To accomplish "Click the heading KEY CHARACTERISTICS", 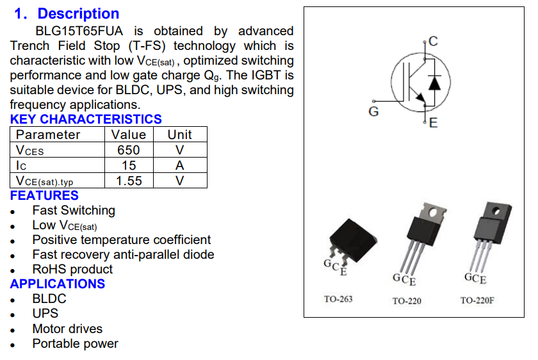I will pos(86,119).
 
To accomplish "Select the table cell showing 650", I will pos(129,150).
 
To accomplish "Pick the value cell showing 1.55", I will pos(129,181).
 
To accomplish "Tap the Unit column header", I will pos(179,135).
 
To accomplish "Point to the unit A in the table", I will pos(180,165).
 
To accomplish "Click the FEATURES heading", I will pos(44,195).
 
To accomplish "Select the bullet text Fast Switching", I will pos(74,210).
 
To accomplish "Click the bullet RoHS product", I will pos(72,269).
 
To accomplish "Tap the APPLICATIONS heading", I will pos(58,284).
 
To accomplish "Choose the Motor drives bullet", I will pos(67,329).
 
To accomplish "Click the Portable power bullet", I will pos(75,343).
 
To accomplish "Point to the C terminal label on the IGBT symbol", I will pos(434,42).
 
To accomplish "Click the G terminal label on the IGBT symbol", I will pos(374,112).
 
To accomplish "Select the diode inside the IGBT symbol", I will pos(436,82).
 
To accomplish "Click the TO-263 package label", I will pos(338,299).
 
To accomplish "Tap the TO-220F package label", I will pos(477,300).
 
